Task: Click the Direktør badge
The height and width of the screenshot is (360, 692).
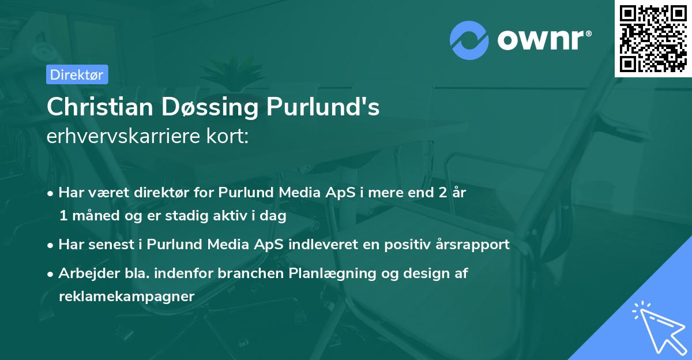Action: (x=77, y=74)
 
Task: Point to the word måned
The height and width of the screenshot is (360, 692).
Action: (x=91, y=216)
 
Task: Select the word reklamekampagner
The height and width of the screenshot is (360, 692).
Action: (x=127, y=297)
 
